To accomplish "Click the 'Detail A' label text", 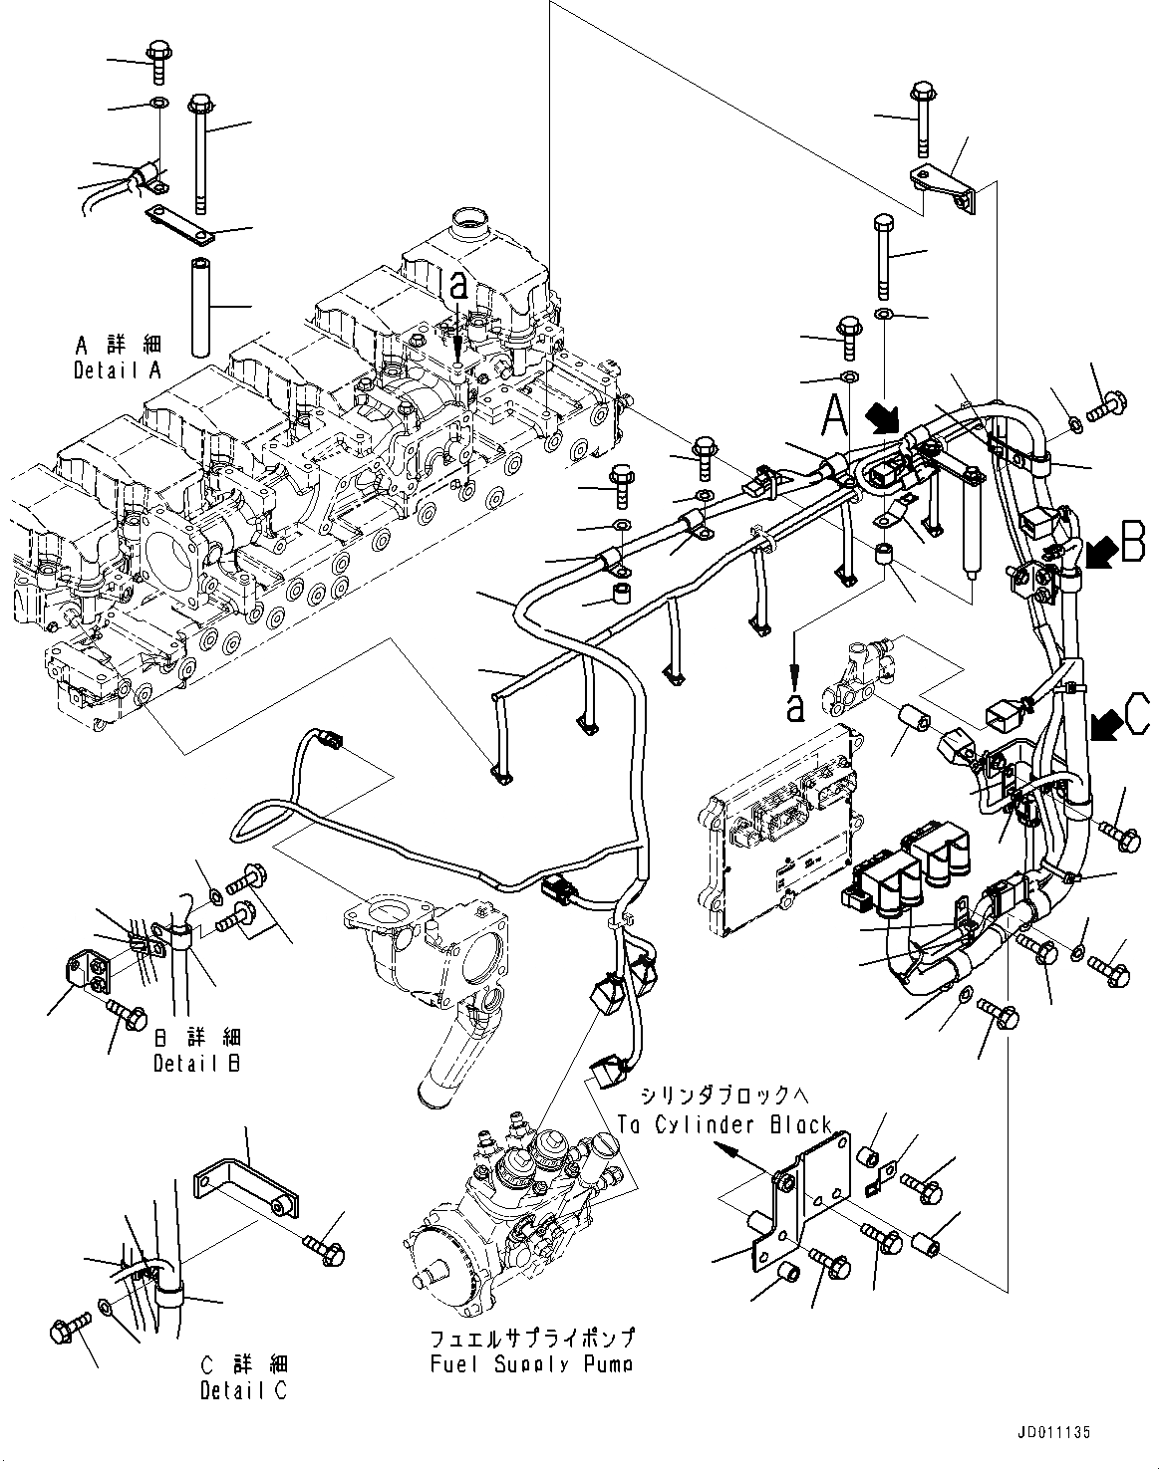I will [x=118, y=370].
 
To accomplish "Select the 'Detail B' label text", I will [x=196, y=1063].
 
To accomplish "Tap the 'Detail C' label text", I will [x=243, y=1390].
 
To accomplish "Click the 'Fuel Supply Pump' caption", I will [x=531, y=1363].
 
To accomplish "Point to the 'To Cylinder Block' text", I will [x=724, y=1124].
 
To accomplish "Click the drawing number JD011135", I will [x=1054, y=1432].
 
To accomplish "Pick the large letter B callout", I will [x=1132, y=546].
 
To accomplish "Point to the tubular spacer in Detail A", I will [x=199, y=306].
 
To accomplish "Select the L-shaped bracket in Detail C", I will [x=244, y=1190].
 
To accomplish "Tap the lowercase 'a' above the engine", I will [x=457, y=287].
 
